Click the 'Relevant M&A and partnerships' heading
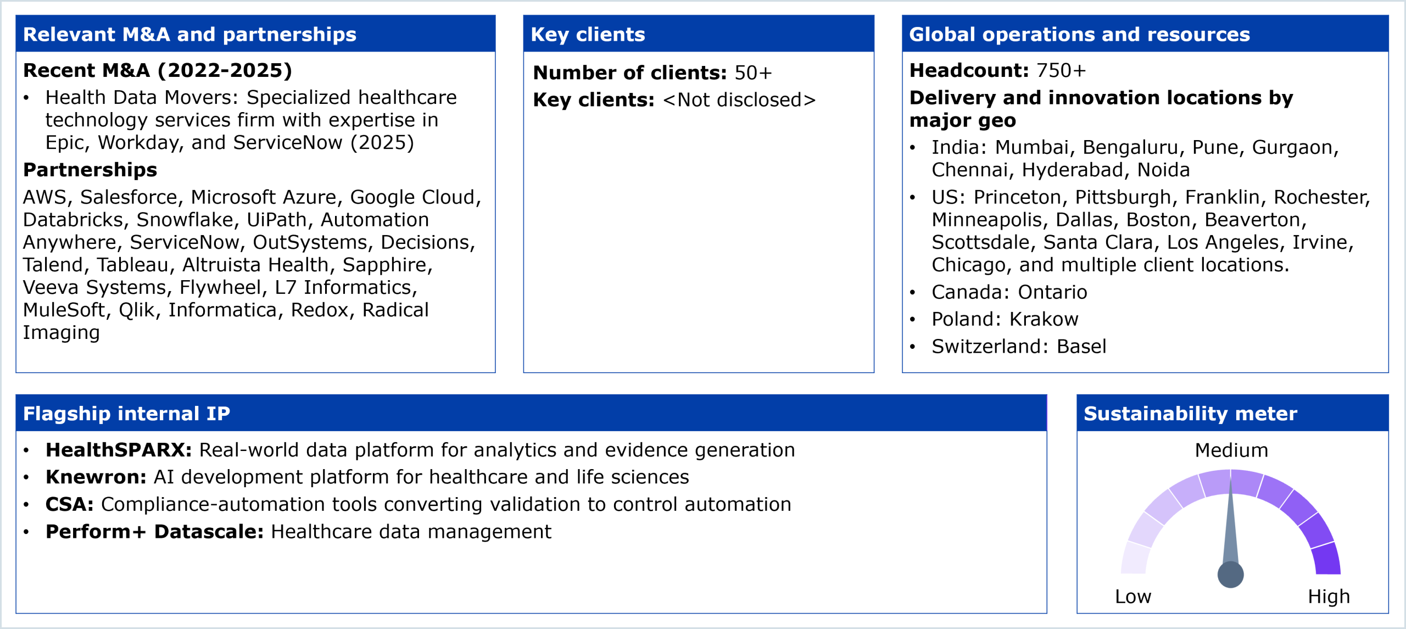189,35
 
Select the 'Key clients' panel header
588,35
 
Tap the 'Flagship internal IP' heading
126,414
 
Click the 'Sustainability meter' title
1190,414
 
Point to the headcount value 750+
1061,70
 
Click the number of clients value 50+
754,73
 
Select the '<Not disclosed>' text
739,100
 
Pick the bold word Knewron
96,477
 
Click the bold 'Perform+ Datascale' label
155,532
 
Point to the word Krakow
1044,319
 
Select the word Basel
1081,347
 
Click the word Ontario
1052,292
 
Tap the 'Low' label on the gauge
1133,597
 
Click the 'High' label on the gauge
1329,597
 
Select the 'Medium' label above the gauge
1231,450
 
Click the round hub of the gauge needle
1231,575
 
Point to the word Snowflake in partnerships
185,220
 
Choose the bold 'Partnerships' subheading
90,170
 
